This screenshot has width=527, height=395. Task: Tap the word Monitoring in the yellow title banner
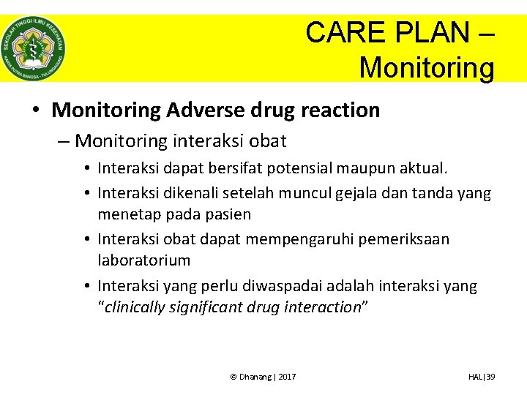click(427, 68)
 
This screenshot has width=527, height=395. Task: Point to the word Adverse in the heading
click(210, 110)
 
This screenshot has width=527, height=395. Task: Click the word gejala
click(359, 193)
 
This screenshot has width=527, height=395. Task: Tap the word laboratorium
click(144, 260)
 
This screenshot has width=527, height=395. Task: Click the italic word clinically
click(135, 307)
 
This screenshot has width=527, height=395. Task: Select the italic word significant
click(206, 307)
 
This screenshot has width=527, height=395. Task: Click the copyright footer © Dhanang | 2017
click(263, 377)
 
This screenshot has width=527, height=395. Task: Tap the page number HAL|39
click(482, 377)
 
